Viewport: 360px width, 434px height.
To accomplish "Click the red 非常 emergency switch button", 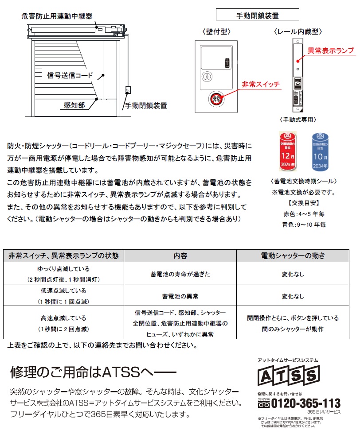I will click(x=216, y=98).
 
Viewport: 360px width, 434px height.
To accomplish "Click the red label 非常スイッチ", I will click(x=260, y=84).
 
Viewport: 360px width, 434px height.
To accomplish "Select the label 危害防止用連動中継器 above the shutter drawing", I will click(x=57, y=16).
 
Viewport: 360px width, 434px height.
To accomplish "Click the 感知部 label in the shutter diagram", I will click(x=74, y=105).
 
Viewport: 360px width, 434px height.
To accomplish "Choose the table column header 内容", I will click(x=180, y=256).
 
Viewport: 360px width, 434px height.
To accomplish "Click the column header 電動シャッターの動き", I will click(x=293, y=256).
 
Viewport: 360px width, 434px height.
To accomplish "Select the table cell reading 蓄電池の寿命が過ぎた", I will click(x=180, y=274).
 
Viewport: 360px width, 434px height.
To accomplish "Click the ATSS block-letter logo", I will click(x=289, y=376).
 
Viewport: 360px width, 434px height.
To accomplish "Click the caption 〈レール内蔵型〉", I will click(x=297, y=31).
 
